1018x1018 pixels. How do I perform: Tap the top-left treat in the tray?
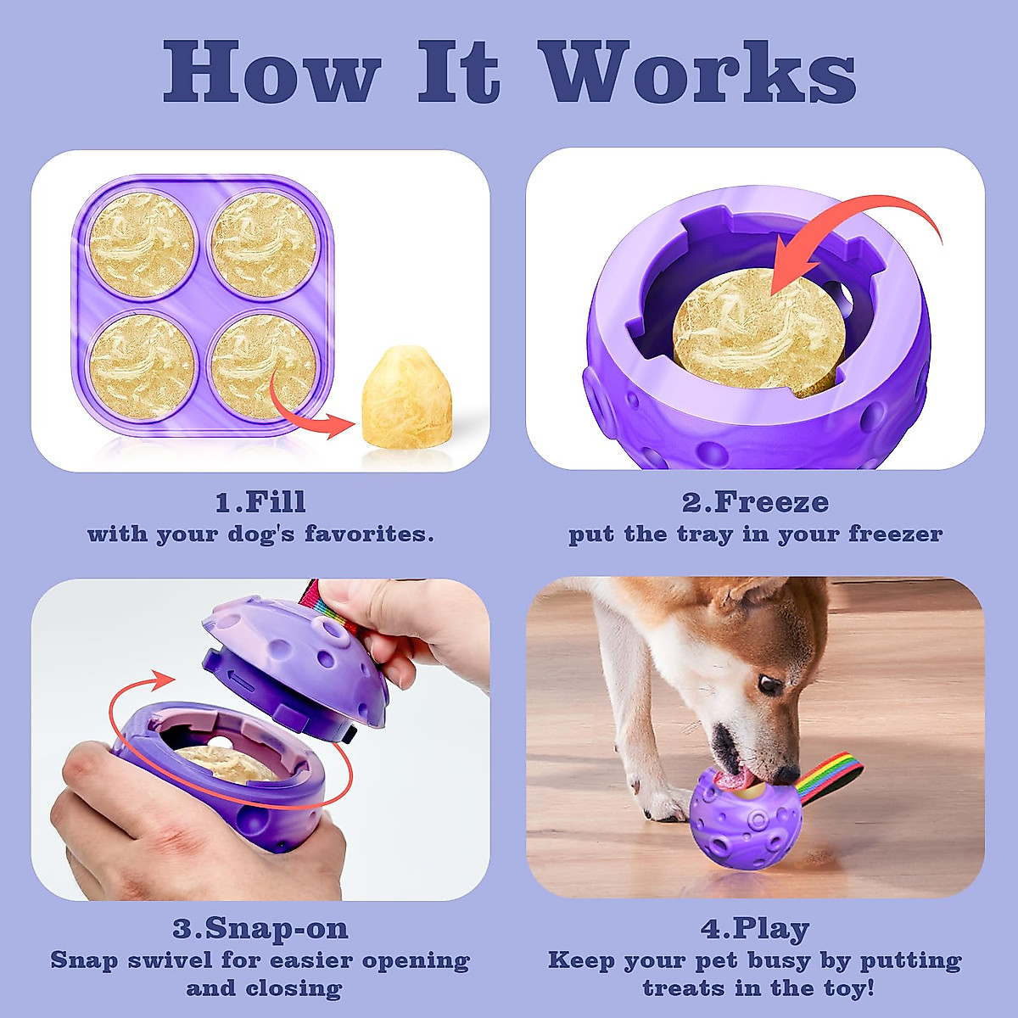tap(143, 244)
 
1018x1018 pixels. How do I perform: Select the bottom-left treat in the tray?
tap(143, 366)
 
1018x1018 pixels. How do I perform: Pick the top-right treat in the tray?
tap(264, 244)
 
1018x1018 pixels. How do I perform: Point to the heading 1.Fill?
tap(260, 502)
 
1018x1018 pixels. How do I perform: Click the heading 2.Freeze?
tap(755, 502)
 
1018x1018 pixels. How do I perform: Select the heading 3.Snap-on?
tap(260, 928)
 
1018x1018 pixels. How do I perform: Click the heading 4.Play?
tap(755, 928)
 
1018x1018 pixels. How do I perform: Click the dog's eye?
tap(770, 684)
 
